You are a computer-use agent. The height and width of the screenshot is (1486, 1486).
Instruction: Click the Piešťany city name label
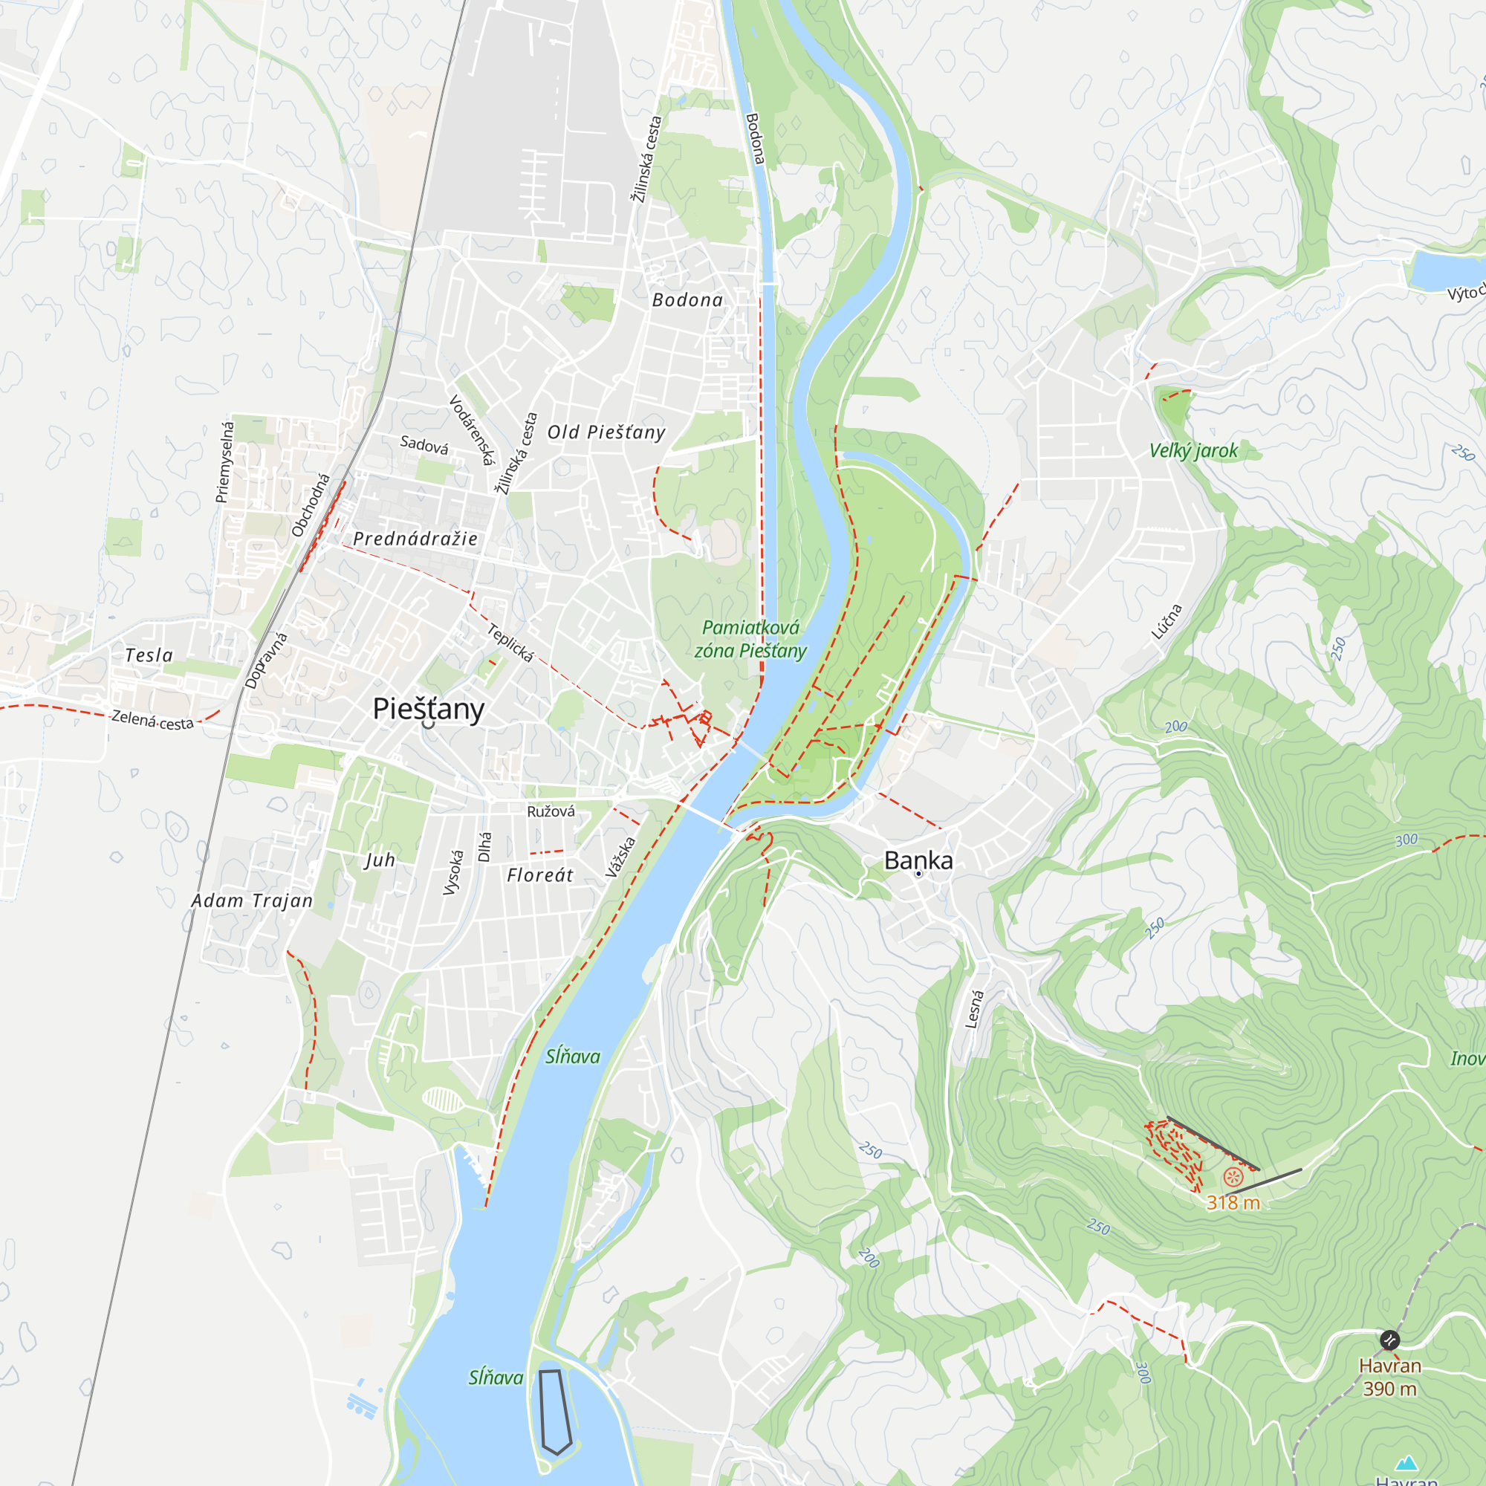point(428,708)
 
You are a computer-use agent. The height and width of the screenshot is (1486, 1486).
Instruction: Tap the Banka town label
point(918,860)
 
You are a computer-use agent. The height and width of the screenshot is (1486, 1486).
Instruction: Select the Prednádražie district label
point(415,539)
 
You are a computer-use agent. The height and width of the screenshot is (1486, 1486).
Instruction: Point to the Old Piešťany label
point(606,432)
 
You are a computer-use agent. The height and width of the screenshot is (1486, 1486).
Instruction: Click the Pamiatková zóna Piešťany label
point(750,639)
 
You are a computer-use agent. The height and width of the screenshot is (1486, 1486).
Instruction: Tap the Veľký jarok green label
point(1193,451)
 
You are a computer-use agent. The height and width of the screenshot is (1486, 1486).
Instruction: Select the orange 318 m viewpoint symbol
point(1233,1177)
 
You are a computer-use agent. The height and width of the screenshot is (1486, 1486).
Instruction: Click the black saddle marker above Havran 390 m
point(1389,1340)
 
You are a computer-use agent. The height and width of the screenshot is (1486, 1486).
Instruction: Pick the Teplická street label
point(510,642)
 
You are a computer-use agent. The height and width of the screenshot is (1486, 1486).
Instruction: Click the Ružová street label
point(551,811)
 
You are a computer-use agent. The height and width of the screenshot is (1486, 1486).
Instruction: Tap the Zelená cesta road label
point(152,720)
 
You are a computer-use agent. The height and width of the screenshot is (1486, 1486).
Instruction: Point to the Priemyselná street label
point(224,461)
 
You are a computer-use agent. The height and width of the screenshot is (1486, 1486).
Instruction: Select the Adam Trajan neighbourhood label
point(253,901)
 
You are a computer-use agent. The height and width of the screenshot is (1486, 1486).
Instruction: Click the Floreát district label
point(540,875)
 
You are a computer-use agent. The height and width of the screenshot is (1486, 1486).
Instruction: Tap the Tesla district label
point(149,655)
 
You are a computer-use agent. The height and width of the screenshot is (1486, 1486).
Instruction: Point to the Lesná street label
point(975,1009)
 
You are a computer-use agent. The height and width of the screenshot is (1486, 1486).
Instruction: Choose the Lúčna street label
point(1166,621)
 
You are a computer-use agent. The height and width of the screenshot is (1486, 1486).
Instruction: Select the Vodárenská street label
point(471,430)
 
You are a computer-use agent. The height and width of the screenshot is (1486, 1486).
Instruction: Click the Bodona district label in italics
point(687,300)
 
